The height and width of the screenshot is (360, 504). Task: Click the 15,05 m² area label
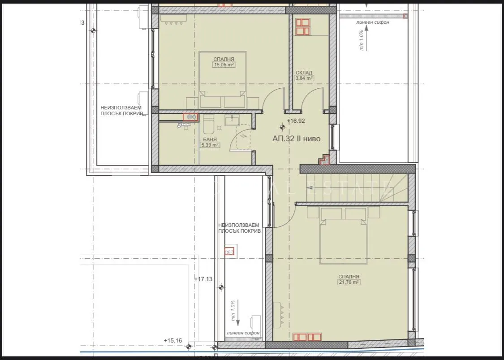tap(224, 65)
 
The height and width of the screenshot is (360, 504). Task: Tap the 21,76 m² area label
tap(349, 282)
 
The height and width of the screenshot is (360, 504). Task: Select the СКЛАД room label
tap(304, 73)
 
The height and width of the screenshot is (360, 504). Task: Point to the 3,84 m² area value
tap(304, 78)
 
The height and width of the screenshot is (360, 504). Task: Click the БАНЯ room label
tap(210, 139)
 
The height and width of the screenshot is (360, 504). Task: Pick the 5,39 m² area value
tap(210, 145)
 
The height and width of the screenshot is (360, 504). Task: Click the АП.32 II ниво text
tap(296, 139)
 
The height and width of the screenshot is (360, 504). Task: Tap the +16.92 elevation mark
tap(296, 121)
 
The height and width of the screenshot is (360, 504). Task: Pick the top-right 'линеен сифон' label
tap(373, 22)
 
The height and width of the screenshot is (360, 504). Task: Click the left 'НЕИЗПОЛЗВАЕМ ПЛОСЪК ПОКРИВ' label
tap(121, 111)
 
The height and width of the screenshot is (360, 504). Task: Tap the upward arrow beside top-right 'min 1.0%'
tap(366, 34)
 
